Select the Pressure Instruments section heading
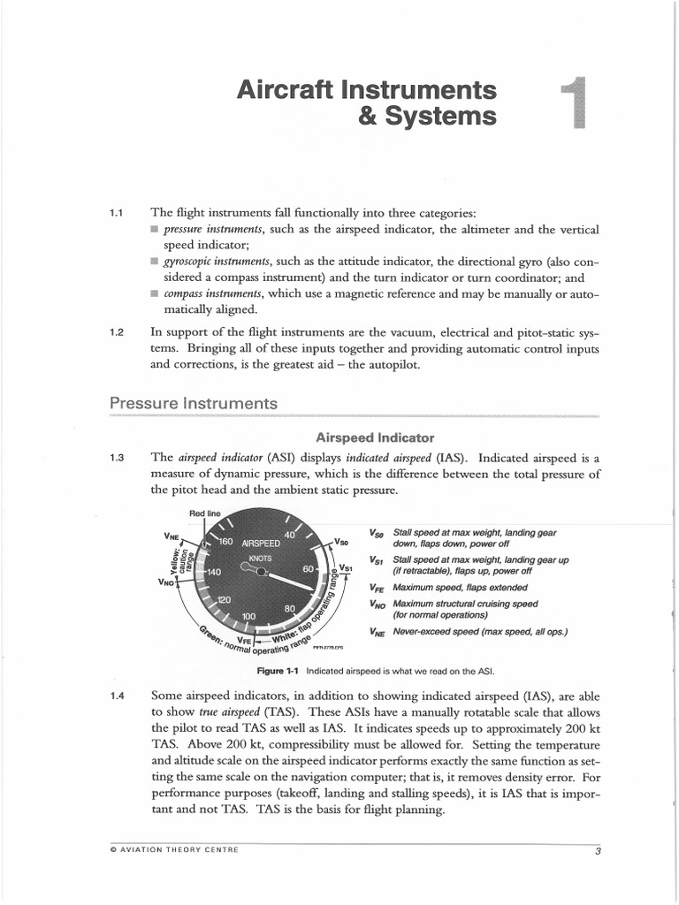click(x=193, y=403)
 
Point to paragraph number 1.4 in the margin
click(x=116, y=696)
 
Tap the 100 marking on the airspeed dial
click(x=248, y=615)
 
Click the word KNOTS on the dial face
click(x=261, y=559)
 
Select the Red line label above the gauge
click(x=203, y=513)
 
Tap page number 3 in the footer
click(x=598, y=851)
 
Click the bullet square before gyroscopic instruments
click(x=155, y=262)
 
